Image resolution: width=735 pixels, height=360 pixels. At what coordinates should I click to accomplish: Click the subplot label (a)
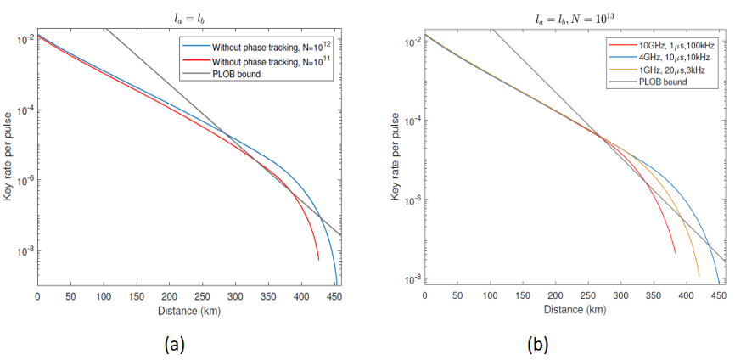[x=173, y=343]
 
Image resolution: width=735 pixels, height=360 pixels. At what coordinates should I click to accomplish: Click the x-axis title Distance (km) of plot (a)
[x=188, y=312]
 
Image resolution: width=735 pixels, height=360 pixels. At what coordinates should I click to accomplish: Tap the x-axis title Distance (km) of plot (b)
[x=575, y=311]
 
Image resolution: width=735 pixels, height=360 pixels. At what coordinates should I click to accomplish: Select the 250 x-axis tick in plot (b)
[x=588, y=296]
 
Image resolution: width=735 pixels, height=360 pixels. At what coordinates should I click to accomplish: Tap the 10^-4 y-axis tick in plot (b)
[x=411, y=121]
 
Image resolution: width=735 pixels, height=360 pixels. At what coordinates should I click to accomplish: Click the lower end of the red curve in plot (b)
[x=675, y=252]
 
